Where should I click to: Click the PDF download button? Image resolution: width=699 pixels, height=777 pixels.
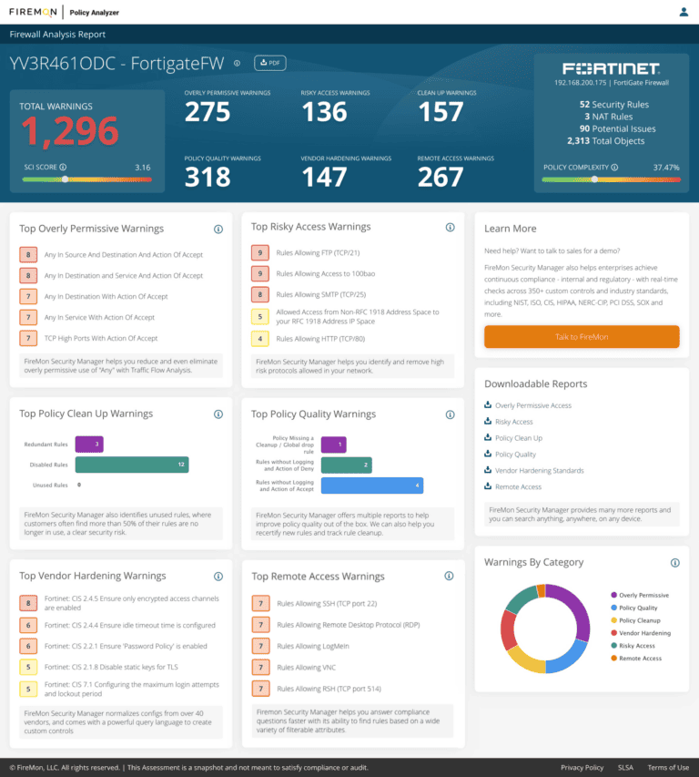pos(269,63)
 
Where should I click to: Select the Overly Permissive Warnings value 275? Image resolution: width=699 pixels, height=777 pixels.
pos(208,112)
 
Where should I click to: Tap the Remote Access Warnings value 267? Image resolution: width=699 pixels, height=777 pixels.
pos(441,177)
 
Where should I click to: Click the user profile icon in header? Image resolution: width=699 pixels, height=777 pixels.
pos(684,12)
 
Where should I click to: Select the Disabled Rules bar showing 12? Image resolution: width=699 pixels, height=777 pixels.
pos(131,465)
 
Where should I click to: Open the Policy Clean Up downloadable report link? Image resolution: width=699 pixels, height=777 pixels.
pos(518,438)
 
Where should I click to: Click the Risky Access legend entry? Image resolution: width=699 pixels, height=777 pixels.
pos(638,646)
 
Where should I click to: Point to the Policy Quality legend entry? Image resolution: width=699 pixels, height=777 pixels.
pos(639,608)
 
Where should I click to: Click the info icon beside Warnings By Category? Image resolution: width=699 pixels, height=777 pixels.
pos(674,563)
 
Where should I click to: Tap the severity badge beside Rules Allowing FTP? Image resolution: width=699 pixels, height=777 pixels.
pos(259,253)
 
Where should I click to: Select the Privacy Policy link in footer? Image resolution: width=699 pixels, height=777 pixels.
pos(582,768)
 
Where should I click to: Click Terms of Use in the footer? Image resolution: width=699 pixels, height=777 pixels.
pos(667,768)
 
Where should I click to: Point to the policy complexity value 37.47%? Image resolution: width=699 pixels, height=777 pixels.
pos(665,168)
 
